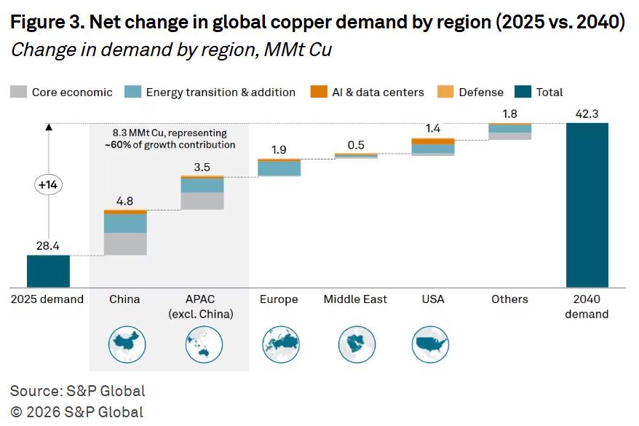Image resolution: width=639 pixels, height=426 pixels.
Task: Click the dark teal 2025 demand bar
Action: click(x=48, y=271)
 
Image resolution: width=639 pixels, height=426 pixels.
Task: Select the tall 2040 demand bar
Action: click(x=587, y=205)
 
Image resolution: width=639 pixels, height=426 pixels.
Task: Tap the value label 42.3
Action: click(x=587, y=114)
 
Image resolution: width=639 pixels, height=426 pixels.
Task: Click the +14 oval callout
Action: click(x=49, y=185)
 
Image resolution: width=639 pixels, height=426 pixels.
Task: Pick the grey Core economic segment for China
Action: click(x=125, y=244)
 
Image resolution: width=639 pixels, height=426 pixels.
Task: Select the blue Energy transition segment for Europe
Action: click(x=279, y=168)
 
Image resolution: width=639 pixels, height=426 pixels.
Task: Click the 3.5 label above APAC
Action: click(x=202, y=167)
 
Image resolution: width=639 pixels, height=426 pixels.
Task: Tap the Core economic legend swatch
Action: click(x=19, y=92)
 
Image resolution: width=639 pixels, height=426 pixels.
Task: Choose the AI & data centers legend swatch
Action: click(x=318, y=92)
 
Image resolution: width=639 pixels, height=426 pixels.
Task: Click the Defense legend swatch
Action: click(x=445, y=92)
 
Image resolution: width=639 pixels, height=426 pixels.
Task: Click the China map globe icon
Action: click(x=125, y=344)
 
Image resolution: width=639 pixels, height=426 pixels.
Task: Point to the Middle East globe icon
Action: click(x=355, y=344)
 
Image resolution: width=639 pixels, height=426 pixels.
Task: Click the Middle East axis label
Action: click(x=355, y=299)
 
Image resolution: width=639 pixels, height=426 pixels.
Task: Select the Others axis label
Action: click(x=509, y=299)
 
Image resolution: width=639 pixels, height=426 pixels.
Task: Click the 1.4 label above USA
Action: click(x=432, y=129)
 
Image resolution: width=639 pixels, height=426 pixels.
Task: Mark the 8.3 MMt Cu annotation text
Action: click(x=169, y=138)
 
